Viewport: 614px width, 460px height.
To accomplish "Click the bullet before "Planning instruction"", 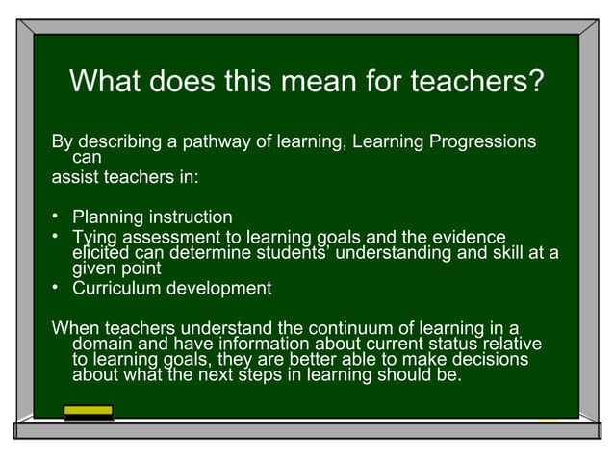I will [x=57, y=217].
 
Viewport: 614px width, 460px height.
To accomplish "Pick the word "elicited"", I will [x=100, y=253].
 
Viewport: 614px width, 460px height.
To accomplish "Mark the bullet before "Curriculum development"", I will [x=57, y=288].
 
